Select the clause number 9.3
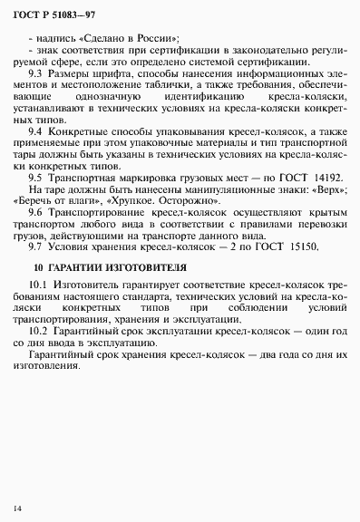pos(38,72)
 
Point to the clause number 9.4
pos(38,130)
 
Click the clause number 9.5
pos(38,178)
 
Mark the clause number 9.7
pos(38,246)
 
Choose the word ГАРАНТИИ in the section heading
pos(80,269)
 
